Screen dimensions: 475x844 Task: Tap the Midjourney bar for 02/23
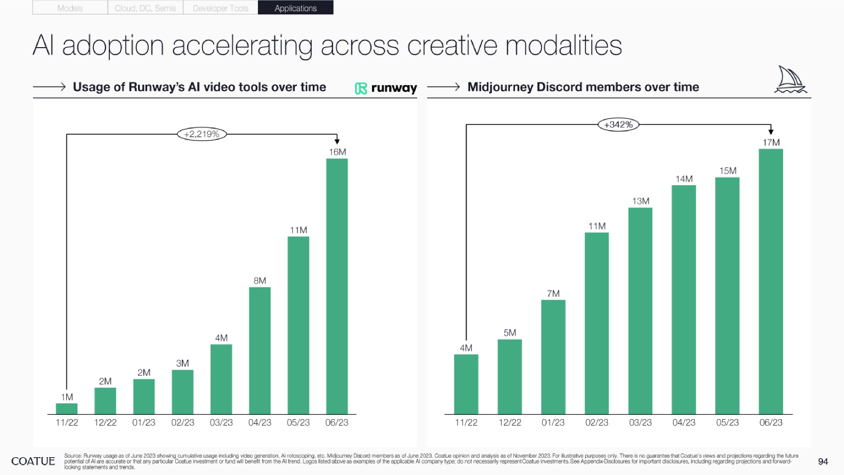point(597,323)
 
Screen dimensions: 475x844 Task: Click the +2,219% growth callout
point(202,134)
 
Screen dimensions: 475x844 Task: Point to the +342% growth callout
point(618,125)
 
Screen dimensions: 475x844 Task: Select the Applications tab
point(295,8)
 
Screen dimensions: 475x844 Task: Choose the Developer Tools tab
point(220,8)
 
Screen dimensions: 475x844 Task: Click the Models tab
point(70,8)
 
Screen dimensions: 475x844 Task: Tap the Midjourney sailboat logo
point(790,80)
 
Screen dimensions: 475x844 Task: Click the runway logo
point(386,88)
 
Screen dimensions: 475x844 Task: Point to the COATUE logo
point(33,461)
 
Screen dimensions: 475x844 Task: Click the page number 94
point(823,462)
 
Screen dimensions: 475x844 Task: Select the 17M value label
point(771,142)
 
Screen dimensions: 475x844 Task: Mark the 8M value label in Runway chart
point(260,281)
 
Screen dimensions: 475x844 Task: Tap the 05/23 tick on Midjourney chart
point(727,423)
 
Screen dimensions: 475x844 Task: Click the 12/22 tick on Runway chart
point(105,423)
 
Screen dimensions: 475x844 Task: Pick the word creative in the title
point(452,46)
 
